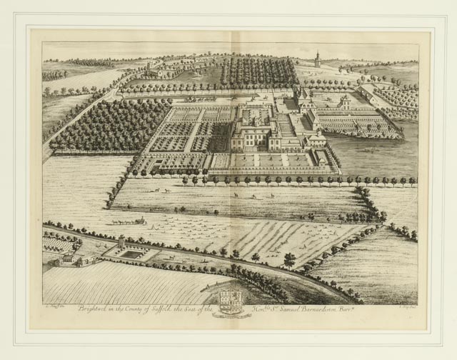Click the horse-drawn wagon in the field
coord(129,221)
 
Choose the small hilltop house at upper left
coord(151,72)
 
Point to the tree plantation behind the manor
coord(258,72)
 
